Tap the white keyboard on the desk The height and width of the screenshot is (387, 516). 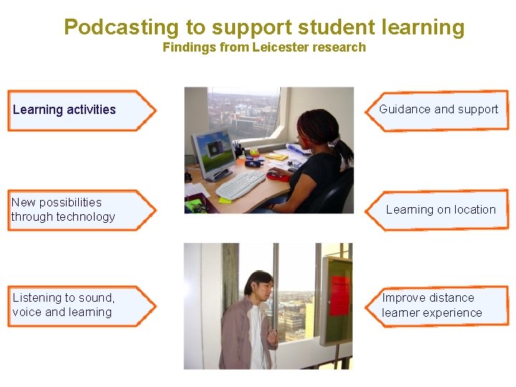pos(241,184)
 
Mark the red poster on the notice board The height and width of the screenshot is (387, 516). pos(339,294)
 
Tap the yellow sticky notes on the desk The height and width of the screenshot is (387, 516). pos(277,156)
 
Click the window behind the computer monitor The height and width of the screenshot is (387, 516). pos(243,111)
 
